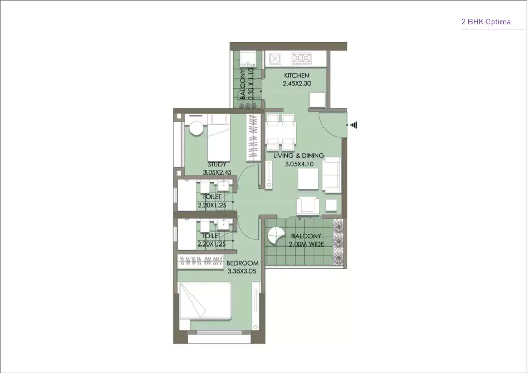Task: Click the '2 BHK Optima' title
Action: pyautogui.click(x=485, y=22)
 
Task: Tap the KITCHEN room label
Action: pyautogui.click(x=296, y=76)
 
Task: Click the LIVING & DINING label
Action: pyautogui.click(x=299, y=156)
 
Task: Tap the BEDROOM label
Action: pyautogui.click(x=243, y=263)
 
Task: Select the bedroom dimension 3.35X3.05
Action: pyautogui.click(x=242, y=271)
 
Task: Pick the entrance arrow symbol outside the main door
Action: pyautogui.click(x=354, y=125)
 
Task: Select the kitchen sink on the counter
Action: pyautogui.click(x=275, y=59)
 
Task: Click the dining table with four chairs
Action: pyautogui.click(x=280, y=132)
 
